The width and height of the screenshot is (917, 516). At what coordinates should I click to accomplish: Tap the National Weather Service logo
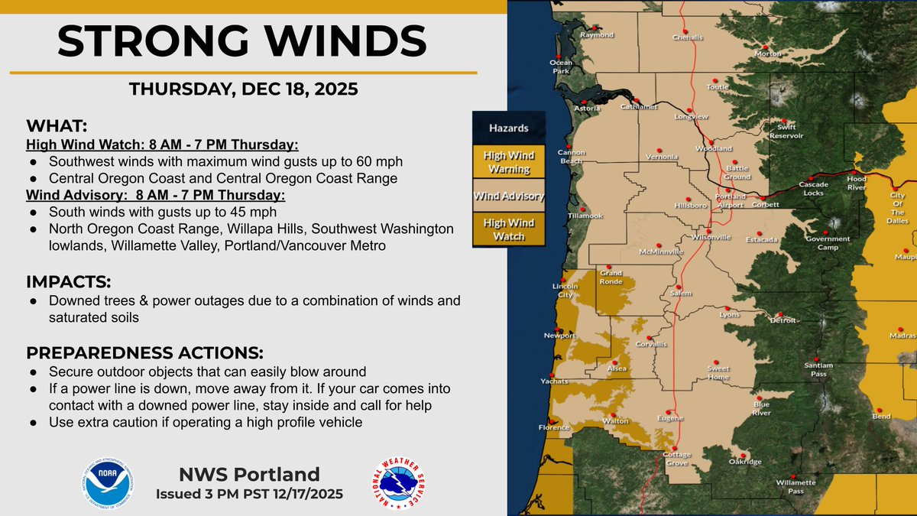tap(397, 483)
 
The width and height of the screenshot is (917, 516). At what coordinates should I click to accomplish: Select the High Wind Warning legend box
tap(509, 161)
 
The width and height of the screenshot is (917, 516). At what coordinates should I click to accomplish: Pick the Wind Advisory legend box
tap(509, 196)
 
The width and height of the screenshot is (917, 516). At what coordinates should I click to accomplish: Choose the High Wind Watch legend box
tap(509, 229)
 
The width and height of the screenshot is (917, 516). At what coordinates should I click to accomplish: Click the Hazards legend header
tap(509, 128)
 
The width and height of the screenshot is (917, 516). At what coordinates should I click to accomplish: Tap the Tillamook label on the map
tap(586, 216)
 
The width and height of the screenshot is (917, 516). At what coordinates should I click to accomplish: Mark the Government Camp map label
tap(828, 243)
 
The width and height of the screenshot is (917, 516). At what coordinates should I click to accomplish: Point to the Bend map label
tap(881, 417)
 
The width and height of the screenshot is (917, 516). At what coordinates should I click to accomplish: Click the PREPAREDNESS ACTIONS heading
tap(144, 354)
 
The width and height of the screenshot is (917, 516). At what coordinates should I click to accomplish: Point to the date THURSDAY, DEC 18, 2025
tap(243, 89)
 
